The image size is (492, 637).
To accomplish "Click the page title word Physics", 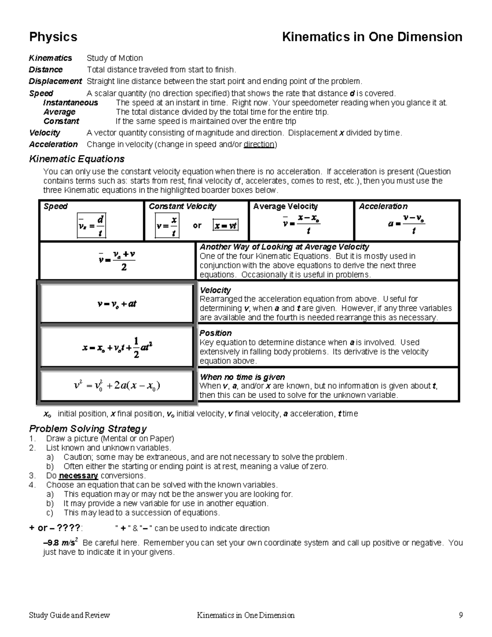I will pos(53,37).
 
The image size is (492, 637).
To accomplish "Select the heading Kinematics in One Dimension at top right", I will pos(372,37).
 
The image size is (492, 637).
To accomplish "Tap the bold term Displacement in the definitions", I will pos(55,81).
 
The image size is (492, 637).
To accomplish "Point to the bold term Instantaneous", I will pos(71,103).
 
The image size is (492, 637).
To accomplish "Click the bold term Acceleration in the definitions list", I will pos(53,144).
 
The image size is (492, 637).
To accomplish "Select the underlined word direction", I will pos(259,144).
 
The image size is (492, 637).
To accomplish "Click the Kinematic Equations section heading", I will pos(77,159).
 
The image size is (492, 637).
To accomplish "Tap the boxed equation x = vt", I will pos(225,226).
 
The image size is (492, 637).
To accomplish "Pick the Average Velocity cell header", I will pos(285,206).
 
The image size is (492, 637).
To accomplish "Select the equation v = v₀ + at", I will pos(117,304).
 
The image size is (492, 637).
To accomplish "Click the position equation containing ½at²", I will pos(117,347).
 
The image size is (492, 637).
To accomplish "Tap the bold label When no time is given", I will pos(242,377).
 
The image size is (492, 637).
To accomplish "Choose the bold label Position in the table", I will pos(215,333).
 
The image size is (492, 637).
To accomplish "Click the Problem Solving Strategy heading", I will pos(88,429).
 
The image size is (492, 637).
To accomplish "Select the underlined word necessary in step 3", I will pos(78,476).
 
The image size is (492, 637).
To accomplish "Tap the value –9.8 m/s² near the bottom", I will pos(61,543).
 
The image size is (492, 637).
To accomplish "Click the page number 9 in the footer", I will pos(461,615).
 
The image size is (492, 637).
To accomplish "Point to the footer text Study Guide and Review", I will pos(69,615).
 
